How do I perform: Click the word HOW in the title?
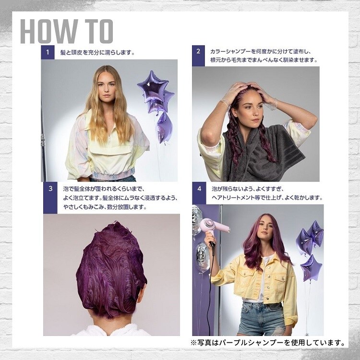49,31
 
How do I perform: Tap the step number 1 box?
48,52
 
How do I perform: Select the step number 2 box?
198,56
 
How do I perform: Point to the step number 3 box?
50,198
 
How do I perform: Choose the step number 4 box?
199,193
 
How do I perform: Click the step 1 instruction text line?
97,53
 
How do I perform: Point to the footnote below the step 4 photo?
268,343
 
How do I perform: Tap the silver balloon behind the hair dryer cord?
203,257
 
